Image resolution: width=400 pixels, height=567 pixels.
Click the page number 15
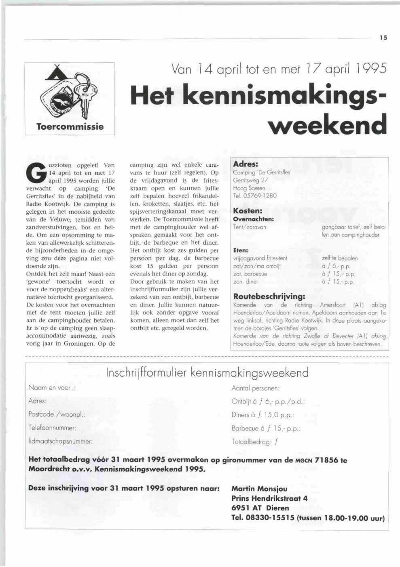click(383, 38)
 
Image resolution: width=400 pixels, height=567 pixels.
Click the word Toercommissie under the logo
click(70, 127)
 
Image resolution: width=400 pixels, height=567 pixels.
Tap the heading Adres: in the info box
click(246, 164)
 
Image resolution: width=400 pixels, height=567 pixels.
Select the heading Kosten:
click(248, 211)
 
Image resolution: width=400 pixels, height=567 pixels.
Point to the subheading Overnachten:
click(254, 219)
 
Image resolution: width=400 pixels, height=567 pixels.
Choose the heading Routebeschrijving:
click(269, 297)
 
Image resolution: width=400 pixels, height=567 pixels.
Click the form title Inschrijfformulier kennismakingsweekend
click(207, 372)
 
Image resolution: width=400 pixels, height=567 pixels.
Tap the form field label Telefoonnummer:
click(52, 428)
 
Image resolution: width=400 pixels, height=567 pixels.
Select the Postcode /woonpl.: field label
click(57, 414)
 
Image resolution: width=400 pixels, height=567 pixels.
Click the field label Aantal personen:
click(256, 388)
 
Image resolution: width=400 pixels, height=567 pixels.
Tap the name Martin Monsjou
click(259, 489)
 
